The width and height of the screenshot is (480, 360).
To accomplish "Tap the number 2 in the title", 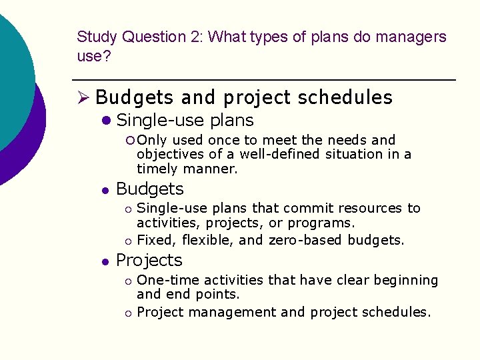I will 193,37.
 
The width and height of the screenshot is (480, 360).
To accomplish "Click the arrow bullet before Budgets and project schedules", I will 84,97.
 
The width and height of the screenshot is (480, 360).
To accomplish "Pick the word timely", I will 157,169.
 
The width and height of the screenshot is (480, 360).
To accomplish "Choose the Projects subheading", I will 149,260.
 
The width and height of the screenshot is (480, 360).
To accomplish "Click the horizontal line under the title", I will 267,80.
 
